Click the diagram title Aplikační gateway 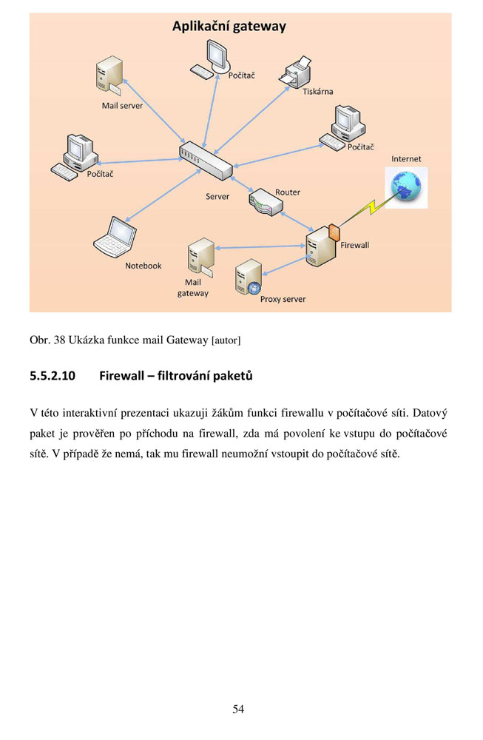[x=229, y=27]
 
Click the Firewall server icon [x=322, y=245]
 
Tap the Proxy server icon [x=248, y=278]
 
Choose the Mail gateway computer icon [x=200, y=258]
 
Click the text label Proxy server [x=283, y=300]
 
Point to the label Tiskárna [x=318, y=92]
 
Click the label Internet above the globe [x=406, y=159]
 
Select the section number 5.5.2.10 [x=53, y=377]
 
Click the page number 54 [x=238, y=709]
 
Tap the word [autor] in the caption [x=226, y=340]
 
